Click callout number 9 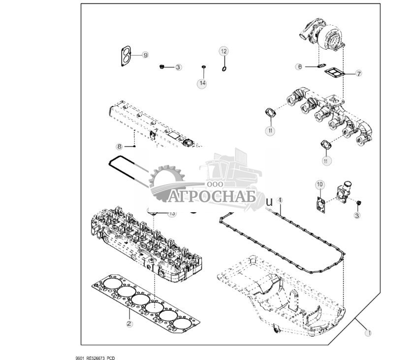146,55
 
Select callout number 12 223,51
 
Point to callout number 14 202,84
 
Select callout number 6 299,66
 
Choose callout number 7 359,73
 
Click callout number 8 119,146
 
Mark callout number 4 280,200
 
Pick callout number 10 319,185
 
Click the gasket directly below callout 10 320,203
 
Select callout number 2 129,324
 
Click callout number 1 367,333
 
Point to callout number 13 172,214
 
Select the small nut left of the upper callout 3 162,66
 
